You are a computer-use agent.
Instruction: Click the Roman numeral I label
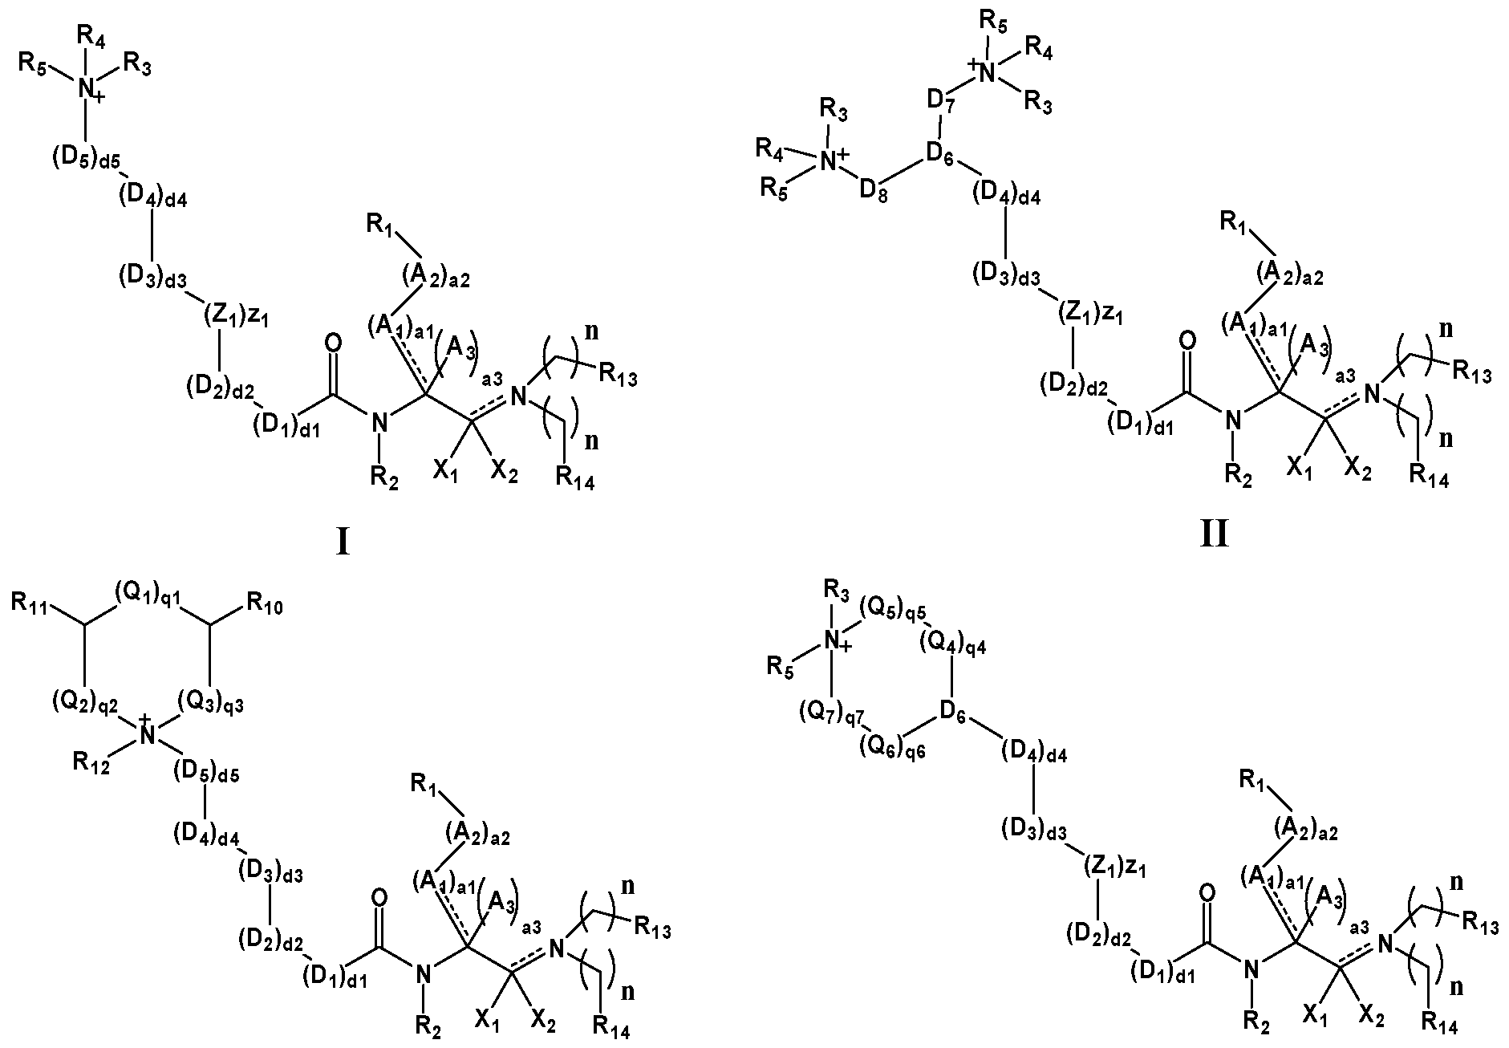343,542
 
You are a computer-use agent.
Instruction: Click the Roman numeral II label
1214,533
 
